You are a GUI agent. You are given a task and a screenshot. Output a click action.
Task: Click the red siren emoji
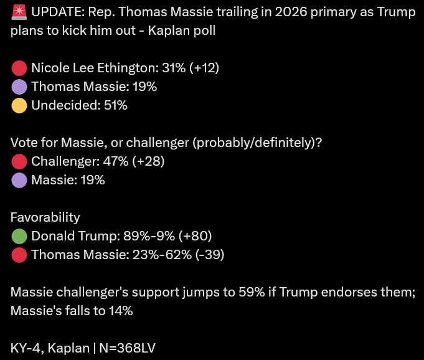click(19, 12)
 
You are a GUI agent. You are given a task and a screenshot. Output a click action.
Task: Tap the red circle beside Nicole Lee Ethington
click(19, 68)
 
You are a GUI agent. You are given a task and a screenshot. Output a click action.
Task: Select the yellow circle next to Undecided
click(19, 105)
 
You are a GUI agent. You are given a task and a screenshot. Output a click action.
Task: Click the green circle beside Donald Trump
click(19, 237)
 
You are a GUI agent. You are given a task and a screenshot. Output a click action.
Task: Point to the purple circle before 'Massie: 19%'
click(19, 181)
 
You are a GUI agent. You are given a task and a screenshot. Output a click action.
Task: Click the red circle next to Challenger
click(19, 162)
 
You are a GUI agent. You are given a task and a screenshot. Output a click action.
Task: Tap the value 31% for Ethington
click(174, 68)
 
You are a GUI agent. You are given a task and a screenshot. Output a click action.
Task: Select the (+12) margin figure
click(204, 68)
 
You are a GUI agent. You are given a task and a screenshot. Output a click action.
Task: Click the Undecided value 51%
click(115, 105)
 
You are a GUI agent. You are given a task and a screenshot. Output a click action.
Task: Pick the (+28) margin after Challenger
click(148, 161)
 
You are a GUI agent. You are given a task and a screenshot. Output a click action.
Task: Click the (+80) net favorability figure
click(196, 236)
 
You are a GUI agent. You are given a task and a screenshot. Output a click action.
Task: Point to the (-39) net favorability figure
click(210, 255)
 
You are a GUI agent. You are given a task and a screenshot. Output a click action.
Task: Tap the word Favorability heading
click(45, 218)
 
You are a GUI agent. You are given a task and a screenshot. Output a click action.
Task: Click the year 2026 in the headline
click(291, 12)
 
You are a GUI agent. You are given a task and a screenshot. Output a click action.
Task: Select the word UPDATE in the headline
click(56, 12)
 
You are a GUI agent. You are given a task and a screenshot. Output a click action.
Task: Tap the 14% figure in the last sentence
click(121, 311)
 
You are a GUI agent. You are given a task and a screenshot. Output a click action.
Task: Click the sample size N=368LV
click(127, 348)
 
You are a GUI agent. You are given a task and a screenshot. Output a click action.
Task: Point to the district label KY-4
click(26, 348)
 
